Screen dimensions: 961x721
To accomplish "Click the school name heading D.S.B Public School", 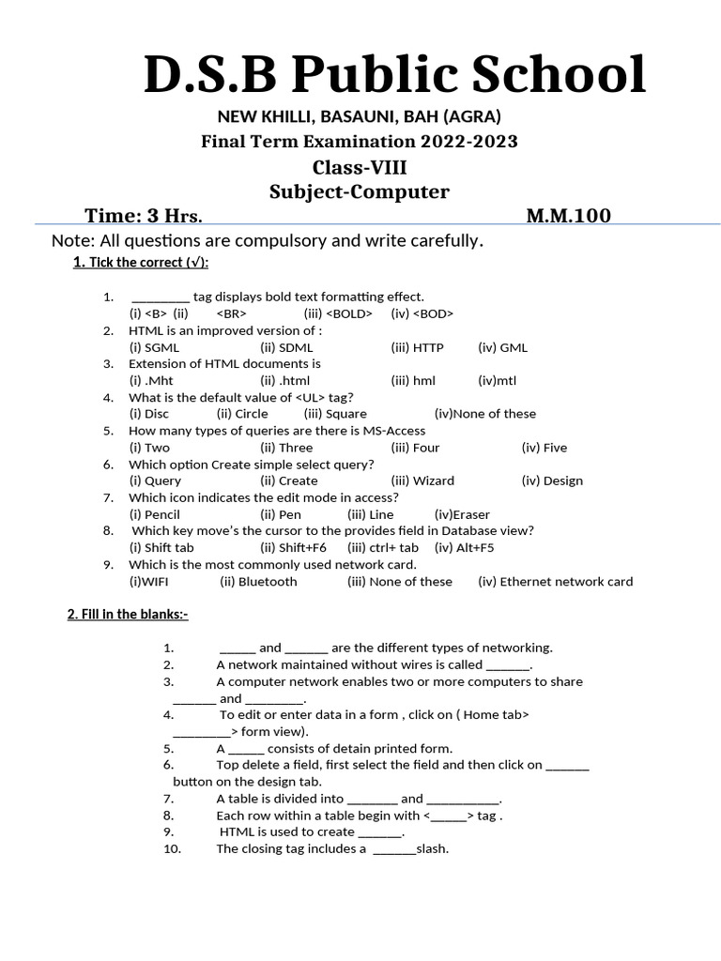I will (x=394, y=75).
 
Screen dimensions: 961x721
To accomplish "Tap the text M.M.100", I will (x=568, y=216).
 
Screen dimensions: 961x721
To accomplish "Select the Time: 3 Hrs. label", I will (x=144, y=216).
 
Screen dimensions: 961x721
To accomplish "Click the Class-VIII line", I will (x=360, y=167).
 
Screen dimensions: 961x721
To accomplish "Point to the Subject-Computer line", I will (x=360, y=191).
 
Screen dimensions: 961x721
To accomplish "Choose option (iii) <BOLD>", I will (x=338, y=313).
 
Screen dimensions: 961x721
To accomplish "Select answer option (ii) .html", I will (x=284, y=380).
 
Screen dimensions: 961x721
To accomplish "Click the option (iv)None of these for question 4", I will (x=485, y=414).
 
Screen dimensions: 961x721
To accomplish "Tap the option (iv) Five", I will (x=545, y=448).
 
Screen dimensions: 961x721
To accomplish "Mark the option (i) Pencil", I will (x=154, y=514).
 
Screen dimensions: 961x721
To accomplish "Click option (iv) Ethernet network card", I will (x=555, y=581).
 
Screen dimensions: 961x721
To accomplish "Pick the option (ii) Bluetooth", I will (x=258, y=581).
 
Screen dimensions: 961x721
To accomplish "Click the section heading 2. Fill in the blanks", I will (x=128, y=615).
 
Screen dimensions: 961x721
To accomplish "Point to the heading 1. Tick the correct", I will (x=141, y=262).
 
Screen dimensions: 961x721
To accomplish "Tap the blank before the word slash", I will (x=394, y=849).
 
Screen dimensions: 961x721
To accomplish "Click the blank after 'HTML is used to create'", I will (x=380, y=832).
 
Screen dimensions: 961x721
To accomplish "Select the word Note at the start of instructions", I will (x=70, y=241).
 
